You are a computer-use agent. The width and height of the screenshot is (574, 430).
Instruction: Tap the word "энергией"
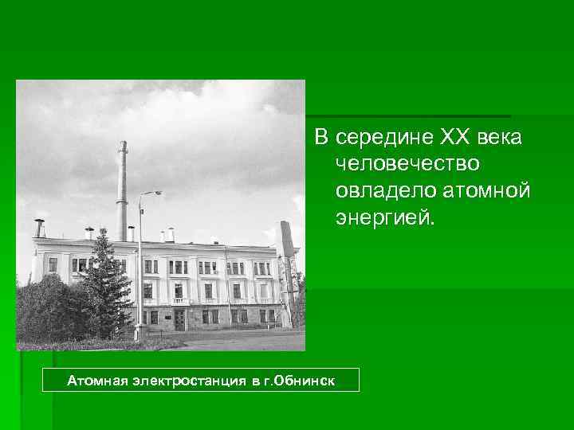387,218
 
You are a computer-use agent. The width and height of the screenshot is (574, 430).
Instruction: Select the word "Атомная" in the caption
97,381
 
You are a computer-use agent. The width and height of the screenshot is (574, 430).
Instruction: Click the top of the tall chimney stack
123,145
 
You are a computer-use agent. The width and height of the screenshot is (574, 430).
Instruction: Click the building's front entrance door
179,319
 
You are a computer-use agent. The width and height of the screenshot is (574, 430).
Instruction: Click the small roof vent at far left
38,228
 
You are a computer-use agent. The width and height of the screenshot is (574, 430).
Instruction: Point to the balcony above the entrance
180,302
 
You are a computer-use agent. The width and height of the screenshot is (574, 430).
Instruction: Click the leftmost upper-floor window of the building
53,264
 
